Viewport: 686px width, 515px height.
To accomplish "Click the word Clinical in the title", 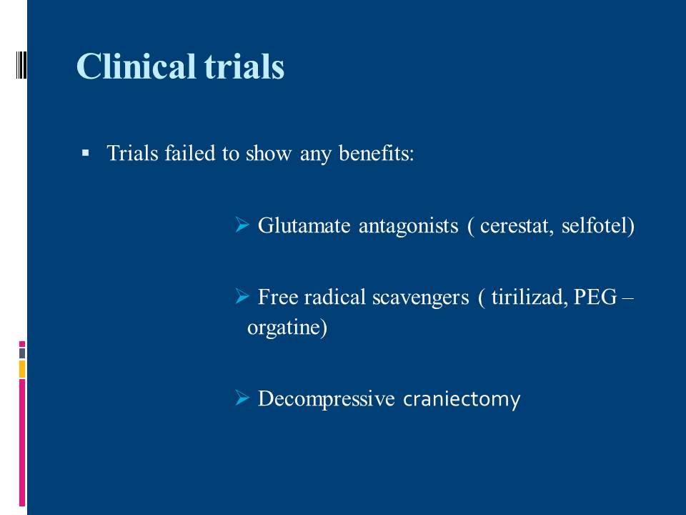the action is (x=136, y=66).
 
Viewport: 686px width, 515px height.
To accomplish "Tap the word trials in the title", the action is (x=244, y=66).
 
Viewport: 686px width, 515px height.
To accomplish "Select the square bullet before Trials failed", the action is (x=85, y=153).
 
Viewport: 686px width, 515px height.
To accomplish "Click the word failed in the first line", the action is (x=189, y=153).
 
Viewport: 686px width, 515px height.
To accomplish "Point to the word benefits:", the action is (x=377, y=154).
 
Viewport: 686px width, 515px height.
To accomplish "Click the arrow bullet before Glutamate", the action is (x=242, y=225).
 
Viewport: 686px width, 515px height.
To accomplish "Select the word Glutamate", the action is (x=304, y=225).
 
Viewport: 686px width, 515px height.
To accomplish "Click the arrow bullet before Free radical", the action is (x=242, y=296).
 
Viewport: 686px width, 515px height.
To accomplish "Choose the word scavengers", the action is (x=420, y=298).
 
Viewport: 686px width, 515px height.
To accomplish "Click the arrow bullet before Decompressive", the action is (x=242, y=398).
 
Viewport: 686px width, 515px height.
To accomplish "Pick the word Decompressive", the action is (x=327, y=399).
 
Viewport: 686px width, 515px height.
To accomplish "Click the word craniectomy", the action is (x=462, y=399).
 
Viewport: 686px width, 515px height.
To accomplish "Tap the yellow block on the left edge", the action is (x=22, y=369).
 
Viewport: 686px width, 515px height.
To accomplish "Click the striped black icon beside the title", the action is (x=21, y=64).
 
